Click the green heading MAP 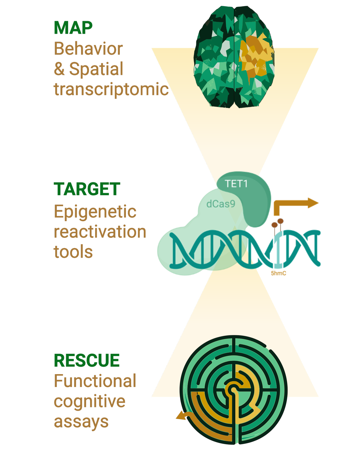pos(73,28)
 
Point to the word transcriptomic pos(112,89)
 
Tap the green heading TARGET pos(87,189)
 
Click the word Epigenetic pos(95,212)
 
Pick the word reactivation pos(100,232)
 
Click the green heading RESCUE pos(87,361)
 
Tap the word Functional pos(95,381)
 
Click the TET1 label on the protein pos(236,184)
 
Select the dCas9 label pos(221,204)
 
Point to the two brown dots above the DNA pos(278,222)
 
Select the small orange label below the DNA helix pos(278,273)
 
